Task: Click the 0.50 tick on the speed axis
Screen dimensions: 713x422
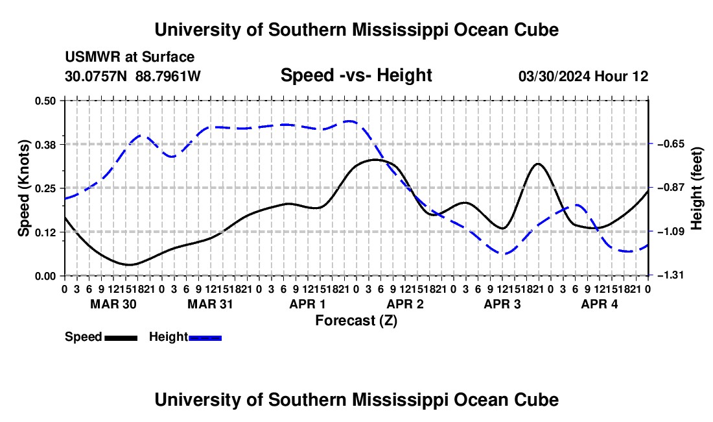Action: click(x=45, y=101)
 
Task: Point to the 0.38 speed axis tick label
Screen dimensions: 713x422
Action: click(x=45, y=145)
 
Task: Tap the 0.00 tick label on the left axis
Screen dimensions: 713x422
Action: click(x=45, y=276)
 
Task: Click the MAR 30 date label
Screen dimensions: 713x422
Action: click(x=113, y=304)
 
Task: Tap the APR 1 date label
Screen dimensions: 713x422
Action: click(x=307, y=304)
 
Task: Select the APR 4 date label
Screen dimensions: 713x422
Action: click(x=600, y=304)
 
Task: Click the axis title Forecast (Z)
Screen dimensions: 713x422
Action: click(x=356, y=321)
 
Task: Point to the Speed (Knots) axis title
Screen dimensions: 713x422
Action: click(x=23, y=188)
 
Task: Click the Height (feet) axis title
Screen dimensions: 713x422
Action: click(x=697, y=188)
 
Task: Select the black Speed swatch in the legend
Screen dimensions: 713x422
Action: click(x=121, y=338)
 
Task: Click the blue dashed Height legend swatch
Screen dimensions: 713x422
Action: click(x=205, y=338)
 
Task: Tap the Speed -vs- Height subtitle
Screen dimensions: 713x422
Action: click(x=356, y=75)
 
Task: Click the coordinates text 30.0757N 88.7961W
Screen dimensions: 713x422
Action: click(x=133, y=76)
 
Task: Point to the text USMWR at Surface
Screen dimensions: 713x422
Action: click(x=130, y=57)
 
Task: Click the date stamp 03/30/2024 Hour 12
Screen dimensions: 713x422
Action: click(x=583, y=76)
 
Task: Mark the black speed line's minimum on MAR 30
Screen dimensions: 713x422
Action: click(x=130, y=264)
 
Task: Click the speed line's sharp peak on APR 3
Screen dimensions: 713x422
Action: click(x=539, y=164)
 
